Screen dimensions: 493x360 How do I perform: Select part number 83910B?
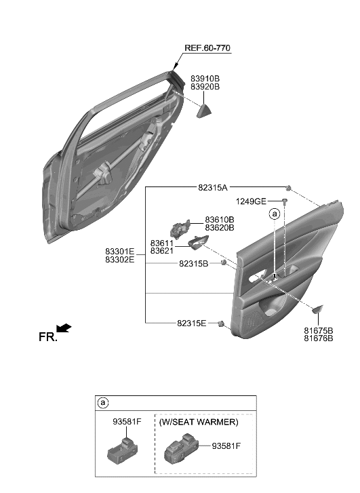click(x=205, y=79)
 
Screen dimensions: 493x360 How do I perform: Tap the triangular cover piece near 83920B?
click(x=205, y=110)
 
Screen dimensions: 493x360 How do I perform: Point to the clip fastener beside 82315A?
click(x=289, y=188)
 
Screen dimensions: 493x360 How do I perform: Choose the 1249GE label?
click(x=252, y=201)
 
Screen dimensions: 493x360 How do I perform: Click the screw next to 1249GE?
click(x=285, y=202)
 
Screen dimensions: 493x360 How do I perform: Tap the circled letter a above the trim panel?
click(x=275, y=214)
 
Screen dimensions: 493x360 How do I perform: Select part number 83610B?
click(x=220, y=220)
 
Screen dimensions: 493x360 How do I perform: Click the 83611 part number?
click(x=162, y=243)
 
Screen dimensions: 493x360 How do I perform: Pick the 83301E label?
click(x=119, y=252)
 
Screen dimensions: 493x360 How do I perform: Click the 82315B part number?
click(x=194, y=263)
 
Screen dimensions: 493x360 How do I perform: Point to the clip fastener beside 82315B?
click(x=223, y=263)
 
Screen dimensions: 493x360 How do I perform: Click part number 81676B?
click(x=319, y=338)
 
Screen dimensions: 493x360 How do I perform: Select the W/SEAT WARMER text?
click(x=199, y=422)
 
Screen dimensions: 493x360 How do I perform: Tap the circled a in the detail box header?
click(x=104, y=403)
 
